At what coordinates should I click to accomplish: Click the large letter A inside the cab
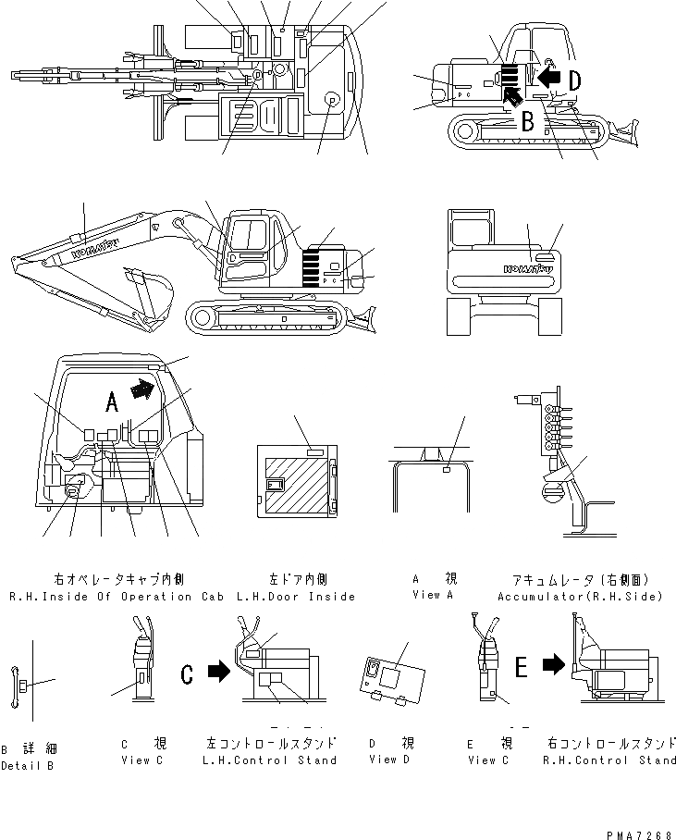point(110,401)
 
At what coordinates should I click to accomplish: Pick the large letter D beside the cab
point(574,81)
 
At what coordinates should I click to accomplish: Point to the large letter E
point(522,666)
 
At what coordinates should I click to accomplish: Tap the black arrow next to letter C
point(217,672)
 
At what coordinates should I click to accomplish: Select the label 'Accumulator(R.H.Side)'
point(580,597)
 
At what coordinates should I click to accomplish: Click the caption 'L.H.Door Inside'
point(296,597)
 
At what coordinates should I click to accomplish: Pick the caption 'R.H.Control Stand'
point(612,760)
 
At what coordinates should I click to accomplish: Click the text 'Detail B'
point(28,765)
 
